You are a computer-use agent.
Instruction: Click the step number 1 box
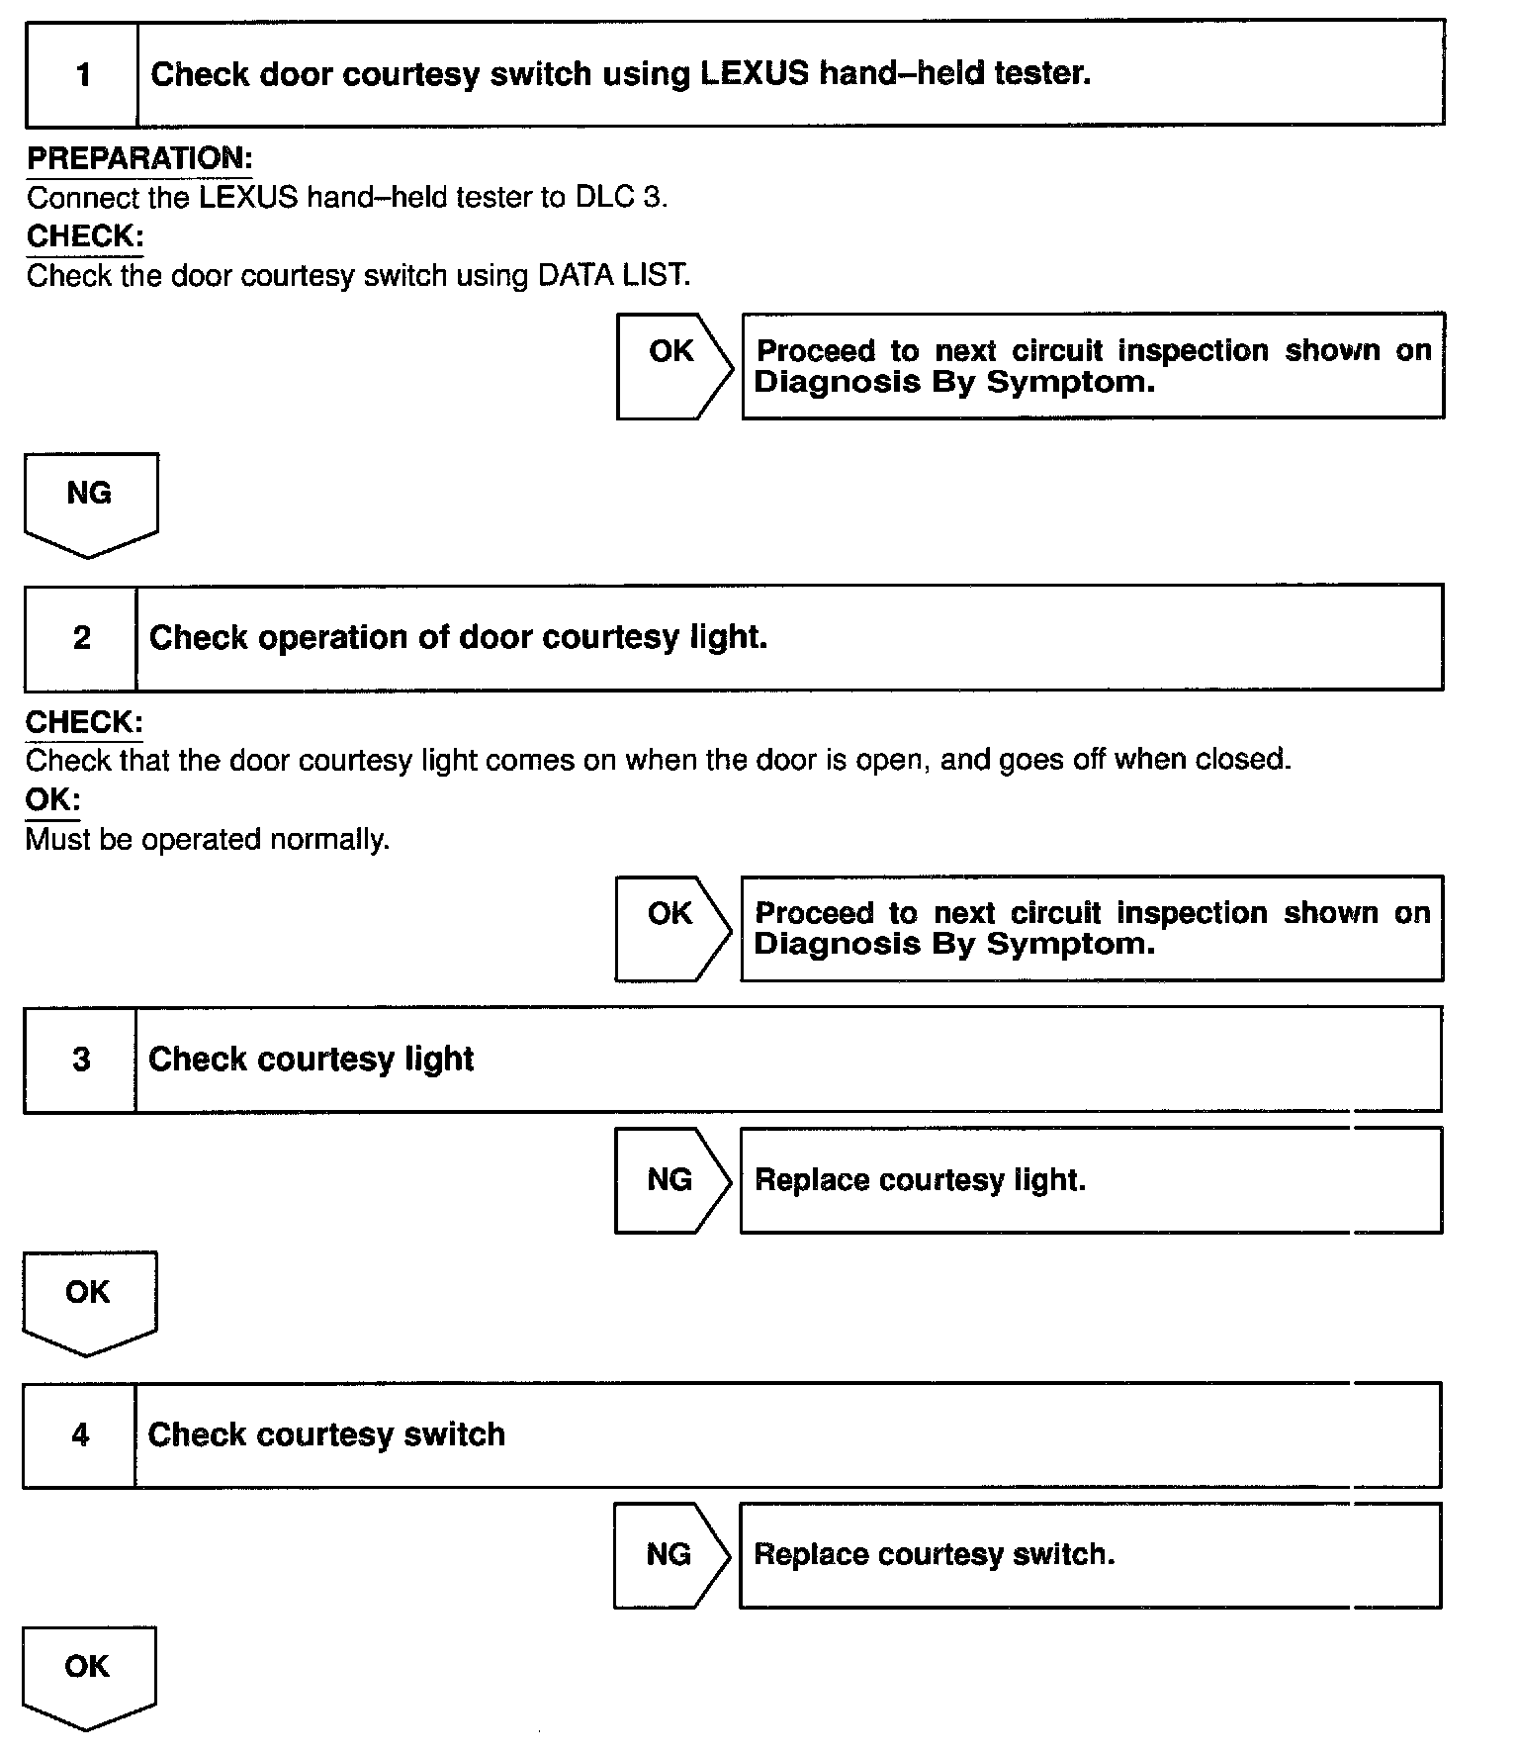82,75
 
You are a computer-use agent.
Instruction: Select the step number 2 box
81,638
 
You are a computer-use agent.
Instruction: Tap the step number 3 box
81,1060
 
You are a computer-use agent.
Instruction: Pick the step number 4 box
80,1434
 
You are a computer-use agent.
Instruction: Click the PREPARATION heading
139,158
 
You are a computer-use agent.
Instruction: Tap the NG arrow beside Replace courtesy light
671,1180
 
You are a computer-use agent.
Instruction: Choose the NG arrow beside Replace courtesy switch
670,1555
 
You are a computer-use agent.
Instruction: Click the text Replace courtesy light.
920,1180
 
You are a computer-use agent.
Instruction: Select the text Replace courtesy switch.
934,1555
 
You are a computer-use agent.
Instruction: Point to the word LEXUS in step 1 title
755,74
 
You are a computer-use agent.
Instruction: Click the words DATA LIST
613,275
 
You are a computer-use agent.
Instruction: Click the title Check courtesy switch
326,1434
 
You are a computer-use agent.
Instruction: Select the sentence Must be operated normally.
208,840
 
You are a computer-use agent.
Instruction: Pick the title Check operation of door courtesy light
458,638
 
